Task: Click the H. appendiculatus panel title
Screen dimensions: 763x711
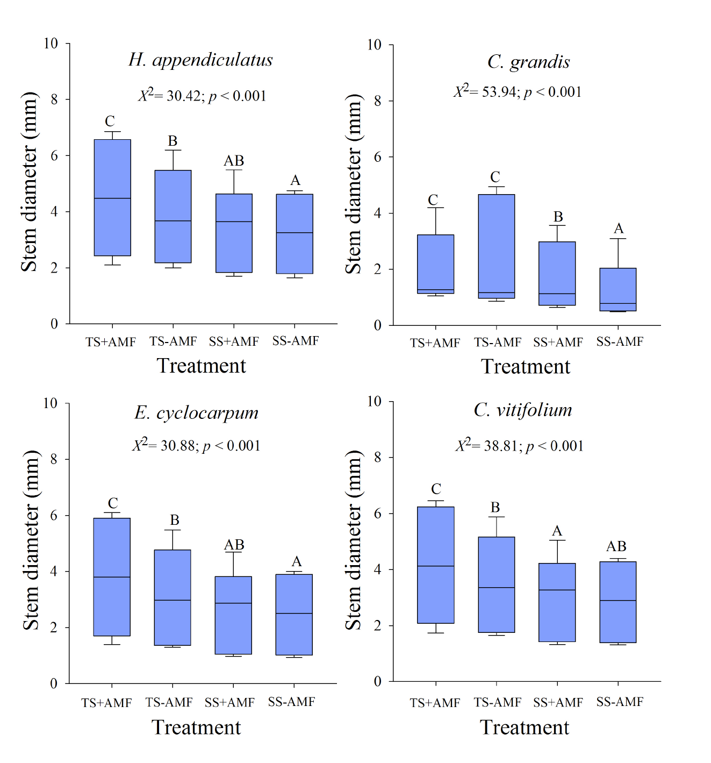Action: (x=200, y=60)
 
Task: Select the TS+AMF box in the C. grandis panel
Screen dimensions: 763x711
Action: (x=435, y=263)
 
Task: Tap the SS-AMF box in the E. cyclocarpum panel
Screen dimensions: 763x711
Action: (x=294, y=615)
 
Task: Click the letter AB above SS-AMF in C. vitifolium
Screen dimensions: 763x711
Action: (x=616, y=546)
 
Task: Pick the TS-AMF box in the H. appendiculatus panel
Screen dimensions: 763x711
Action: (x=173, y=216)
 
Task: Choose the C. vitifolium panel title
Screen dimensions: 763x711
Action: (x=523, y=410)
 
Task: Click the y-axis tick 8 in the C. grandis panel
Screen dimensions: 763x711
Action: (x=378, y=101)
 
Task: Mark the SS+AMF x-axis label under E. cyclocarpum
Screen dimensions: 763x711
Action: (x=229, y=702)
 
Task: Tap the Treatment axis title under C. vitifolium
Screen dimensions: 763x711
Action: (x=524, y=728)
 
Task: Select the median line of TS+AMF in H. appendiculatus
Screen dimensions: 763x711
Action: (x=112, y=198)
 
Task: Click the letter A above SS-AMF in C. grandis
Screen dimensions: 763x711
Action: (x=619, y=229)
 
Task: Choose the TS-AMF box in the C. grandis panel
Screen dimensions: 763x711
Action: (x=496, y=246)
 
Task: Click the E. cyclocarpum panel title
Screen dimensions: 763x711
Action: (x=197, y=413)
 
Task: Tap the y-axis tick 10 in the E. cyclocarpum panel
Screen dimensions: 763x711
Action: (x=51, y=403)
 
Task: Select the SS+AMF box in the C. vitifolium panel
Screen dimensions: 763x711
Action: (x=557, y=602)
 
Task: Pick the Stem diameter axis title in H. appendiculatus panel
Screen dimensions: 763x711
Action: (x=29, y=182)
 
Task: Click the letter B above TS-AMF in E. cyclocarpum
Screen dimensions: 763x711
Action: (x=175, y=520)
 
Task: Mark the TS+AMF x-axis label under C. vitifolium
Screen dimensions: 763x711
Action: (x=435, y=703)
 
